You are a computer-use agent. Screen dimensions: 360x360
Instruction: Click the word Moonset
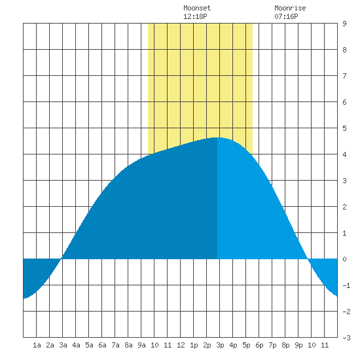tap(197, 8)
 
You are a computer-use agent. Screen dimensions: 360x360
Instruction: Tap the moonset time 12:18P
tap(195, 16)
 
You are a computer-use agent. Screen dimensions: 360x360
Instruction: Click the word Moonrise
tap(290, 8)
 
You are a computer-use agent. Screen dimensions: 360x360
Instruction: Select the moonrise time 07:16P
tap(286, 16)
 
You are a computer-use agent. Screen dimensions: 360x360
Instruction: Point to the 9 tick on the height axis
tap(344, 24)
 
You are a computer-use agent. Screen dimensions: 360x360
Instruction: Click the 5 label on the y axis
tap(344, 128)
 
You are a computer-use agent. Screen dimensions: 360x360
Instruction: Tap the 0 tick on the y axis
tap(344, 259)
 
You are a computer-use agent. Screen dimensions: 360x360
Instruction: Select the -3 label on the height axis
tap(346, 338)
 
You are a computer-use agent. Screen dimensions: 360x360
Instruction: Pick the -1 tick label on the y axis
tap(346, 285)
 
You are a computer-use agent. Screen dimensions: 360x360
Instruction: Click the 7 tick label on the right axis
tap(344, 76)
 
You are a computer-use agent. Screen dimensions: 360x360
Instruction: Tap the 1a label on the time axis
tap(37, 345)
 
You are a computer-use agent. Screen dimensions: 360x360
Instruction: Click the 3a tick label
tap(63, 345)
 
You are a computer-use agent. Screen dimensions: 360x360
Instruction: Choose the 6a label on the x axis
tap(102, 345)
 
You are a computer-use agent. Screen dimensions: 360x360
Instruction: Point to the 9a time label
tap(141, 345)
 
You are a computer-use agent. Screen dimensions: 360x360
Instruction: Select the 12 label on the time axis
tap(181, 345)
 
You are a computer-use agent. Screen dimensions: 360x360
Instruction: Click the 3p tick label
tap(220, 345)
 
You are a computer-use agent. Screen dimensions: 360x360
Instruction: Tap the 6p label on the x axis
tap(259, 345)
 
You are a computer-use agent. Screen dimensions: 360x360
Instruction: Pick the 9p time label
tap(298, 345)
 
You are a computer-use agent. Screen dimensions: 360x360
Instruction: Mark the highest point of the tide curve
tap(217, 137)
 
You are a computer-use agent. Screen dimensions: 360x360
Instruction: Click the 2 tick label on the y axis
tap(344, 207)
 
